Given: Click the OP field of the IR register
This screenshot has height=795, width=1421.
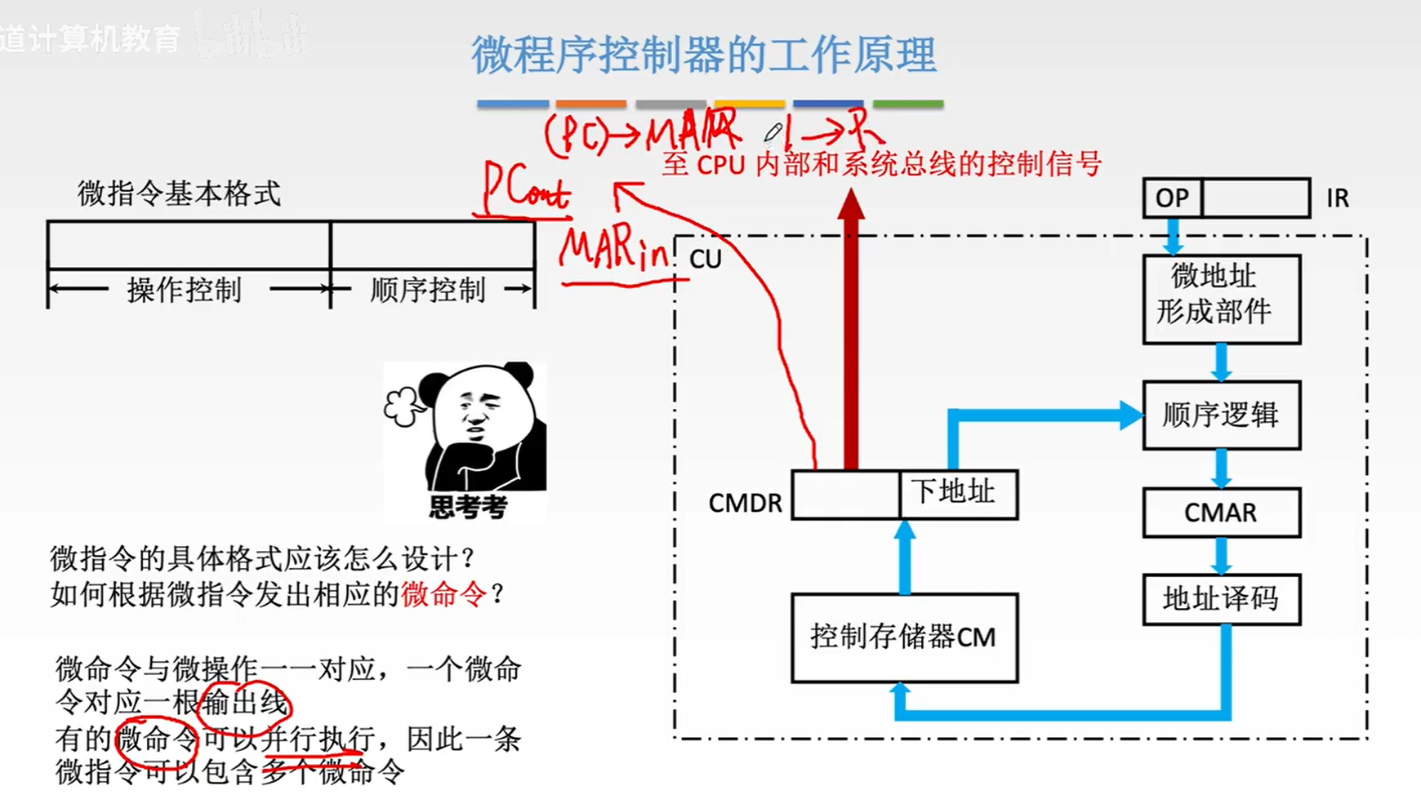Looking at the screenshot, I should [1172, 198].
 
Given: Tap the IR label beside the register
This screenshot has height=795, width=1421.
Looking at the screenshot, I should [1337, 198].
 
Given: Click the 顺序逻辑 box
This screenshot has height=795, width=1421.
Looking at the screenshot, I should [1221, 415].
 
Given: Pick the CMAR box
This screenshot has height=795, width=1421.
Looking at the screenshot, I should [1221, 513].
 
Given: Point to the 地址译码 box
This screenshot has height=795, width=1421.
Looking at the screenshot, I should [1221, 599].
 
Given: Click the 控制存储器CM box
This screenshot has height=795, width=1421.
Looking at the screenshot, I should [904, 637].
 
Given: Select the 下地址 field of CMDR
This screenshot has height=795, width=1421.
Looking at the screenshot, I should [957, 494].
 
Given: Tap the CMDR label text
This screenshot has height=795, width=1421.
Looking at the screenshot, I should [745, 504].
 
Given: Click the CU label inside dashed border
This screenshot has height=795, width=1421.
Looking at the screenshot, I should [706, 260].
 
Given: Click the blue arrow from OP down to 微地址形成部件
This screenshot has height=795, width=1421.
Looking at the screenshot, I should [1174, 237].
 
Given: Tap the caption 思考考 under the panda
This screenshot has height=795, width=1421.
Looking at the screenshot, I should [468, 508].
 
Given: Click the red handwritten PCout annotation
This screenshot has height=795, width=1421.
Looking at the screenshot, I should [524, 190].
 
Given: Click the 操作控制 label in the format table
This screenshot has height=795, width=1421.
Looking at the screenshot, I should [184, 290].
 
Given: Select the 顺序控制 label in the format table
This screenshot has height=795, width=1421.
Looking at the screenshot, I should [427, 290].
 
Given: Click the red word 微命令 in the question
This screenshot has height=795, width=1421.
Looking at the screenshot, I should [443, 594].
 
